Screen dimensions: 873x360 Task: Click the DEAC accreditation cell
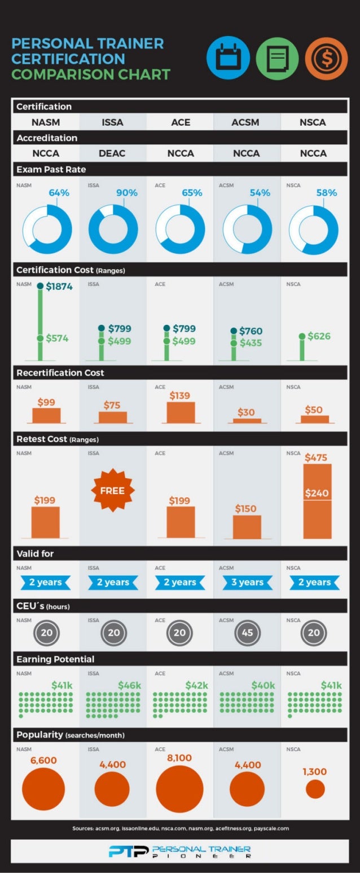(113, 153)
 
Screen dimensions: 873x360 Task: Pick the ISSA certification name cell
(113, 122)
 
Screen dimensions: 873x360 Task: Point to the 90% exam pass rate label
(126, 192)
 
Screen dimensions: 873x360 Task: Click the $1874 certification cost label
(59, 286)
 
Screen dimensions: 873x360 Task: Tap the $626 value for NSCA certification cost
(319, 336)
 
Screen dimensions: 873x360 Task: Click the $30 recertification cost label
(247, 412)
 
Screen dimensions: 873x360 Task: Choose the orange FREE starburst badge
(112, 490)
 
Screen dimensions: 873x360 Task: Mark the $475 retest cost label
(316, 457)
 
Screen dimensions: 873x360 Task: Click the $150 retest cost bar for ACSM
(247, 527)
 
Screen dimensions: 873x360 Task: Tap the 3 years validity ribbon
(247, 582)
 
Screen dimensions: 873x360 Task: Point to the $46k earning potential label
(129, 685)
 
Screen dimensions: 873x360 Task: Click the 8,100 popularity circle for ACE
(179, 789)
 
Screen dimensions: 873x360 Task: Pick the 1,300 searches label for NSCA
(315, 771)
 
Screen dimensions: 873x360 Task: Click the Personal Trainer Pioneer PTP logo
(179, 852)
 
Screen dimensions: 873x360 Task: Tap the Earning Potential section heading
(55, 659)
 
